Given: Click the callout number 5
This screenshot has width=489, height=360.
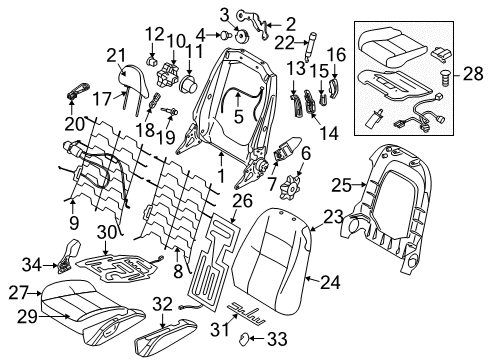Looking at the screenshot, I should coord(237,117).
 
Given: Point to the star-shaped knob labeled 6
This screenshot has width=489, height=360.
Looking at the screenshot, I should coord(294,186).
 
